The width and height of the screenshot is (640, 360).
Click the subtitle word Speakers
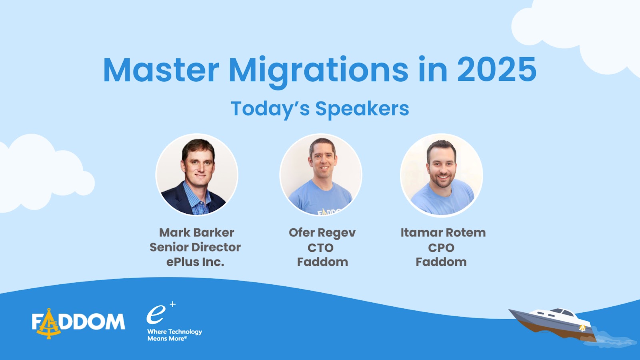[x=362, y=108]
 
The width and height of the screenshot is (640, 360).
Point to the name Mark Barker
[x=196, y=232]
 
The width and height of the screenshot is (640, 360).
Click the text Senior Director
[x=195, y=247]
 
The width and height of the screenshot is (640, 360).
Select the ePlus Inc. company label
[x=195, y=262]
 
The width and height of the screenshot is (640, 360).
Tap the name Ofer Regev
[x=322, y=233]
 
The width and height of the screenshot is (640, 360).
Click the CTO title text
[x=320, y=248]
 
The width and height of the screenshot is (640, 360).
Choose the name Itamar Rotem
[x=443, y=232]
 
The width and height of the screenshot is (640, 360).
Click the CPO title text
[x=441, y=248]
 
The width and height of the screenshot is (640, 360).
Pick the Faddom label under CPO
[x=441, y=262]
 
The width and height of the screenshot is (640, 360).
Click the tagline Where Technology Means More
[x=174, y=335]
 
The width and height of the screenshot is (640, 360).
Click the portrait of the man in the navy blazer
[x=197, y=175]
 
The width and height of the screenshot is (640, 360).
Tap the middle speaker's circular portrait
[x=321, y=175]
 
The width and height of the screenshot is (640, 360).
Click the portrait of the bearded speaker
[x=442, y=175]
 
